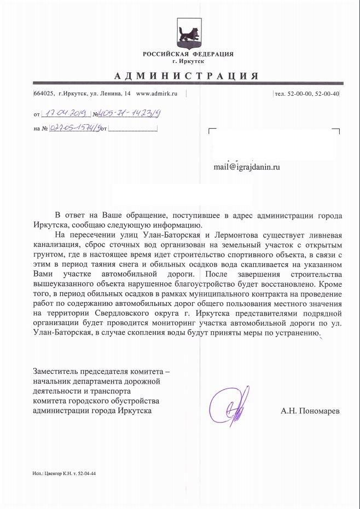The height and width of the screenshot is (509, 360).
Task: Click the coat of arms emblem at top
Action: click(x=188, y=35)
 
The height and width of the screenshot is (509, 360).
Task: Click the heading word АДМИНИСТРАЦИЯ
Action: click(x=187, y=76)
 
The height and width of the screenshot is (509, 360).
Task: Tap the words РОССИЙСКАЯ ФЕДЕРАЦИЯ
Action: click(x=188, y=54)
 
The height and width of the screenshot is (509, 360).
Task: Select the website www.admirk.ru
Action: click(x=157, y=94)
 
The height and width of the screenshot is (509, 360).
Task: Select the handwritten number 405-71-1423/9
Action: click(x=132, y=114)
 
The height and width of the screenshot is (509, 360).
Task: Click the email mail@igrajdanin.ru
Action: click(x=247, y=167)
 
